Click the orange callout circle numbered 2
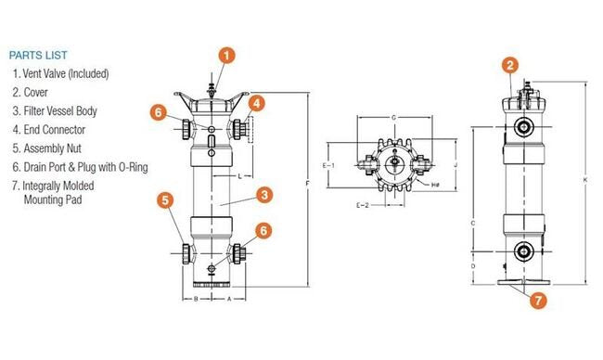(x=509, y=64)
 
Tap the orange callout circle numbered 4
(x=257, y=103)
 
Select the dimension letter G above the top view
(x=395, y=118)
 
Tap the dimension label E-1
(x=327, y=164)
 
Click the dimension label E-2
(x=364, y=204)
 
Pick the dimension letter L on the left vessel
(x=239, y=175)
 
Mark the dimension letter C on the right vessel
(x=474, y=224)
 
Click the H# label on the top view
(x=435, y=185)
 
